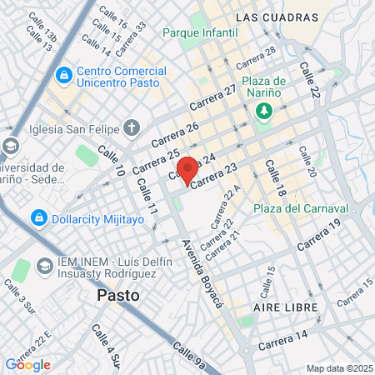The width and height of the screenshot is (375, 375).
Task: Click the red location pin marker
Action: click(x=187, y=169)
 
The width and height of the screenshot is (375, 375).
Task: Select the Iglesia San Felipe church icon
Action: click(x=131, y=127)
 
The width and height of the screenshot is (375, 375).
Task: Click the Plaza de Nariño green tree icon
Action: click(x=264, y=111)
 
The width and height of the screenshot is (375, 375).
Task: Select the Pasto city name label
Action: click(x=117, y=295)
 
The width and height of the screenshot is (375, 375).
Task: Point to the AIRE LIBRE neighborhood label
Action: click(x=283, y=307)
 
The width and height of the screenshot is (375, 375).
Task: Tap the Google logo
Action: click(x=28, y=364)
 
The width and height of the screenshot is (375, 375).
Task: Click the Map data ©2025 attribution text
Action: click(x=337, y=368)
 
